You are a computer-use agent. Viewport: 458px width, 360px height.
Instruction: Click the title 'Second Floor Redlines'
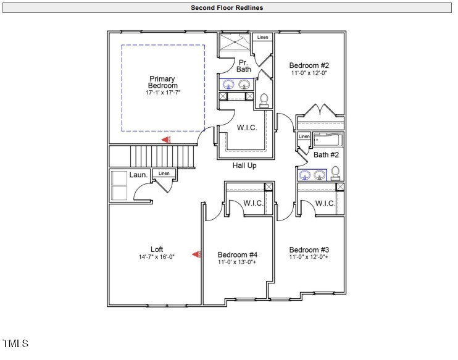point(227,8)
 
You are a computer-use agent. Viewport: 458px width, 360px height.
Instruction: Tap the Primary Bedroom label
point(162,82)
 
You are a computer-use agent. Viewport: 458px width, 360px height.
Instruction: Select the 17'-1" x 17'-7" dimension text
point(163,93)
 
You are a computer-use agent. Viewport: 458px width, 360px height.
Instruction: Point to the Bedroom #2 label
point(309,65)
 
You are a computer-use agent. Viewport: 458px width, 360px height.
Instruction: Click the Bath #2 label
point(325,155)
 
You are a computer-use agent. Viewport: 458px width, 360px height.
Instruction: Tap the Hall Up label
point(244,165)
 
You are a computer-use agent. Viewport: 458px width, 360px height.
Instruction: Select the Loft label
point(157,249)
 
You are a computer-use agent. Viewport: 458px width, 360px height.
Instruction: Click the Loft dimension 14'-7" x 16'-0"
point(157,257)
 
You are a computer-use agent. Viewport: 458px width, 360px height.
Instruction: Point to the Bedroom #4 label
point(237,254)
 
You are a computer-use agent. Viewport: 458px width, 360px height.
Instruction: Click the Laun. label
point(138,175)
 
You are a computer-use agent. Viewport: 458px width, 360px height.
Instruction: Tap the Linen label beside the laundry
point(164,174)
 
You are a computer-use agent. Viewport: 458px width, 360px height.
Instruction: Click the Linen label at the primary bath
point(263,38)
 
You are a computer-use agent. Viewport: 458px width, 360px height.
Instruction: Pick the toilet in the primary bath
point(264,100)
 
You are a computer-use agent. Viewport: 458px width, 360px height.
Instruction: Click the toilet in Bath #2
point(336,172)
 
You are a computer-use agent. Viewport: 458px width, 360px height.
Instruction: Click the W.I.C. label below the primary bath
point(247,128)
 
